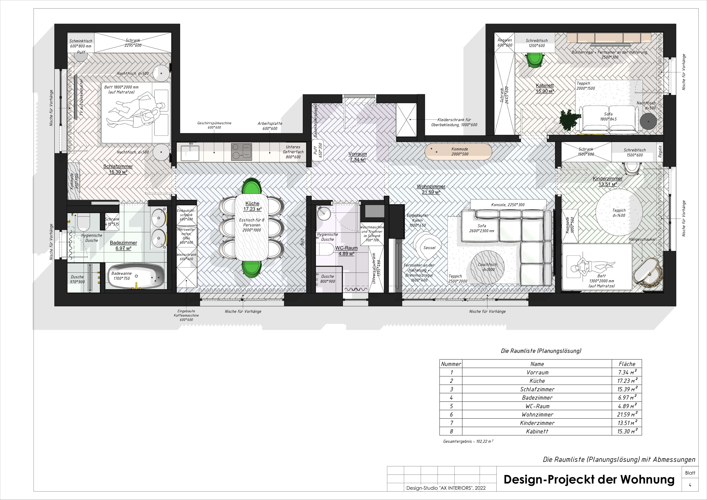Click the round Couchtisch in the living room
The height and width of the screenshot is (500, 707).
pos(487,267)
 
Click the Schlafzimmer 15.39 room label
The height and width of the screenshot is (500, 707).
pos(118,169)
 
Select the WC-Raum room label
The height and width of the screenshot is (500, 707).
pos(346,251)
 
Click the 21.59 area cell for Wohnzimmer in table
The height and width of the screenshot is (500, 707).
pos(626,414)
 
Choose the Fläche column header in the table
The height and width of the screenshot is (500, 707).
pos(626,364)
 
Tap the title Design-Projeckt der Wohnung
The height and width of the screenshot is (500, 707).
pos(589,479)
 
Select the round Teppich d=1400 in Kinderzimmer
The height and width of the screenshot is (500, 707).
pos(619,212)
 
